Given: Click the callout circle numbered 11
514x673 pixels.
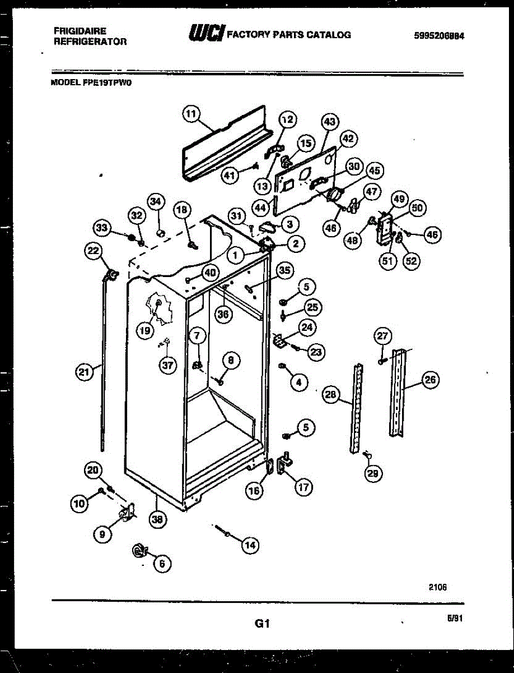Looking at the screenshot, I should (191, 114).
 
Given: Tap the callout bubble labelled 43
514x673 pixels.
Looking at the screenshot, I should (330, 121).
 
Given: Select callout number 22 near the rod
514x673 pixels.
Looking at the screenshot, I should (92, 251).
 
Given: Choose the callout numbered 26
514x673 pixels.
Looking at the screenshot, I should (431, 380).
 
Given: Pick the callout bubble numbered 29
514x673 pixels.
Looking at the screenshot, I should (372, 473).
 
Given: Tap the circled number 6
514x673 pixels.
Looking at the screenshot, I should (161, 563).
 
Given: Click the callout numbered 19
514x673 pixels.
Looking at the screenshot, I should (145, 331).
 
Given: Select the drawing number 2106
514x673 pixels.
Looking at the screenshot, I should (438, 587).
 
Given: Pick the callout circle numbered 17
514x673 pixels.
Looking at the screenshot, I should (303, 487).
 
